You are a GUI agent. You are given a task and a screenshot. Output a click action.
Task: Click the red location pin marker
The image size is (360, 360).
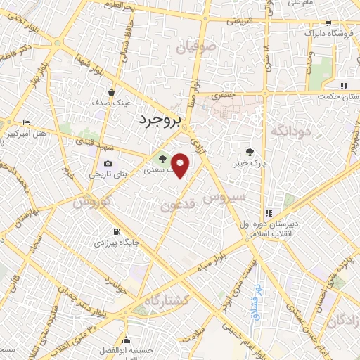[x=181, y=165]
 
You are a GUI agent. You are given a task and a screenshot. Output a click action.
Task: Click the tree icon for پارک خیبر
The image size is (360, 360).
[x=249, y=153]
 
